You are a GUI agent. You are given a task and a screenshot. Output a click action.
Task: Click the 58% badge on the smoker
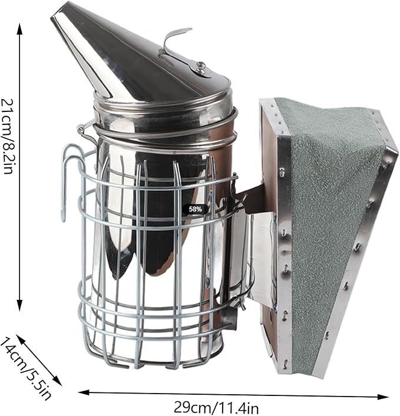coord(196,209)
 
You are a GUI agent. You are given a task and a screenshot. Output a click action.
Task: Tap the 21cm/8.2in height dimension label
coord(8,136)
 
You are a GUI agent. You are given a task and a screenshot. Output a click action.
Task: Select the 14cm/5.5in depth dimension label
coord(25,369)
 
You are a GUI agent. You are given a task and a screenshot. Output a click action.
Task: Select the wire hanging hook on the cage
coord(69,180)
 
